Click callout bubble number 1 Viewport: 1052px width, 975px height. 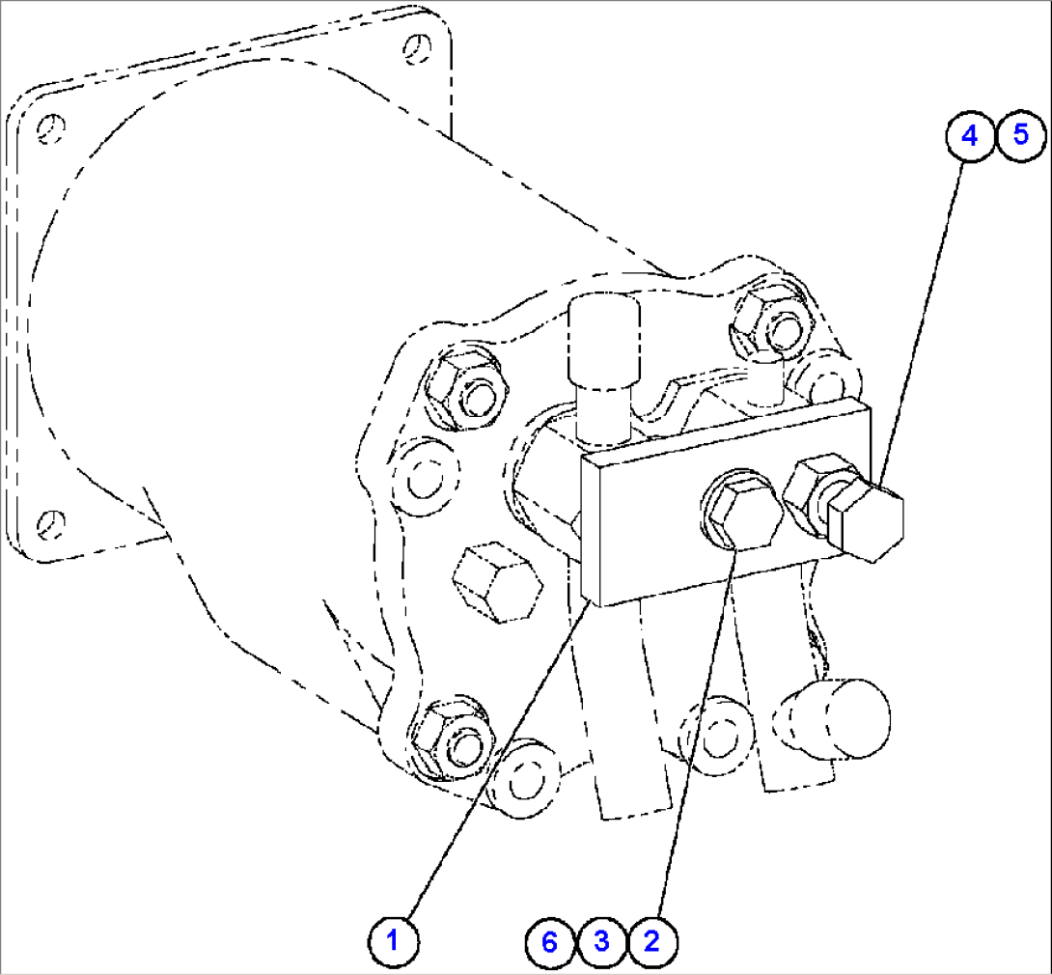[x=393, y=938]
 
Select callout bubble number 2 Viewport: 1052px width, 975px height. [x=651, y=940]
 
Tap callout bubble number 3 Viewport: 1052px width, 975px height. [x=601, y=940]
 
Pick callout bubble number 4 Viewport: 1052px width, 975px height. [x=970, y=135]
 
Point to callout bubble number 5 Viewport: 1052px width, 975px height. [x=1021, y=135]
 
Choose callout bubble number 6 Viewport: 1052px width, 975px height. [x=550, y=940]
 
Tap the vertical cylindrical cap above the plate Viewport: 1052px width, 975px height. [x=604, y=343]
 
